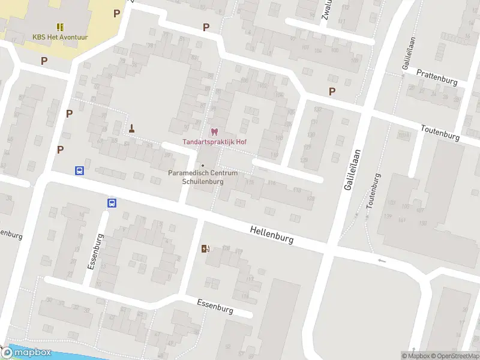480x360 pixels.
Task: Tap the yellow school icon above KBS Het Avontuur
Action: [x=60, y=27]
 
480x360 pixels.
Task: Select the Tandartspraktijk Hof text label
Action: [x=214, y=142]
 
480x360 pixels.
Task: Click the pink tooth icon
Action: [x=214, y=132]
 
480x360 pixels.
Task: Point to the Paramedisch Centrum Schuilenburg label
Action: [x=203, y=177]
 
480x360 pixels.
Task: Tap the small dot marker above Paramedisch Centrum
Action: [x=203, y=166]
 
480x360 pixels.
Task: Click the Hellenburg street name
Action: [x=272, y=234]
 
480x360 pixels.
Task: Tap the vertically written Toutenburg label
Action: [x=373, y=191]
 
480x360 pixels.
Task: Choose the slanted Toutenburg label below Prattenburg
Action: [x=440, y=133]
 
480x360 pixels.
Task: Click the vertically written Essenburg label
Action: [x=95, y=251]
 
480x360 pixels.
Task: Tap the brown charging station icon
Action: [x=205, y=249]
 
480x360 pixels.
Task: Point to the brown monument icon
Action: [x=132, y=127]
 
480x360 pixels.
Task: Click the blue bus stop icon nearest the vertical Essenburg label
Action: [x=112, y=203]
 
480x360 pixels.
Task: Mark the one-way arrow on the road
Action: [x=382, y=260]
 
